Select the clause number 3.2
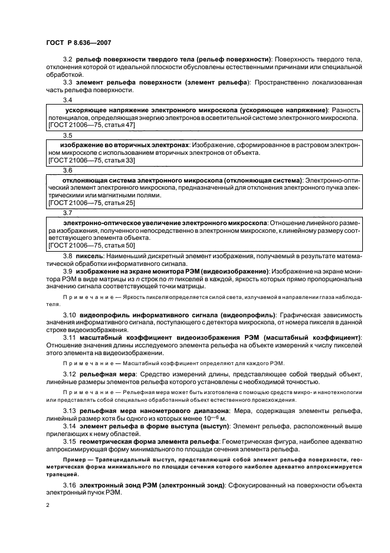(x=67, y=61)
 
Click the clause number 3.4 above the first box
(x=67, y=100)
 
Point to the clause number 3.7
(x=67, y=212)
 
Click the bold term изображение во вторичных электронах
(x=125, y=144)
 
